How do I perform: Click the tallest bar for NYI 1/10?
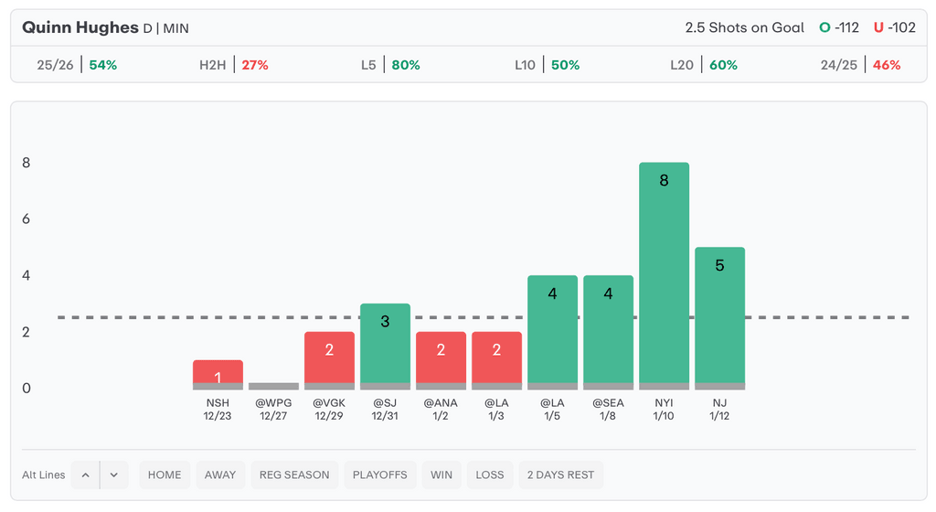pos(664,274)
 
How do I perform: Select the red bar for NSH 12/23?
pos(218,374)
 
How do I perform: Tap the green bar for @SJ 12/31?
pos(385,346)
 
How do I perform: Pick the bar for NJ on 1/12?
pos(719,317)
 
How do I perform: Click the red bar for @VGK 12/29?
pos(329,359)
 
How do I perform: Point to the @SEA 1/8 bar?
pos(608,331)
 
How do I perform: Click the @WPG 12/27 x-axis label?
pos(273,409)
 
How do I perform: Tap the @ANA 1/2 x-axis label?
pos(441,409)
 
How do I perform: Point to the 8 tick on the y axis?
pos(27,163)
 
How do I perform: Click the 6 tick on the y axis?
pos(27,219)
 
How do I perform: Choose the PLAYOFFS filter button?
pos(381,475)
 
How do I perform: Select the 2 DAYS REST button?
pos(560,475)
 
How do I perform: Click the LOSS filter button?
pos(489,475)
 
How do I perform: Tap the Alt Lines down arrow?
pos(114,475)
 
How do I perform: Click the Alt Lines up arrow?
pos(85,475)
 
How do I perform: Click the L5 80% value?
pos(406,65)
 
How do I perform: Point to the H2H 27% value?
pos(255,65)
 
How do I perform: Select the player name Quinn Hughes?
pos(80,27)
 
